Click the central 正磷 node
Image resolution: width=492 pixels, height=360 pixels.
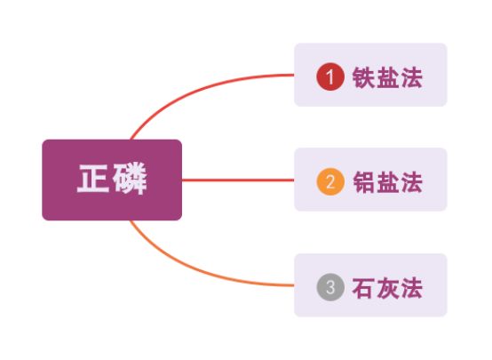pyautogui.click(x=112, y=180)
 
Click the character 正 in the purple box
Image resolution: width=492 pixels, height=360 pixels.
pyautogui.click(x=93, y=179)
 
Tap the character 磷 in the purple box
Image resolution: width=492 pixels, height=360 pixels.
pyautogui.click(x=130, y=179)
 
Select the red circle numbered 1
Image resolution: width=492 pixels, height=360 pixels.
pyautogui.click(x=330, y=76)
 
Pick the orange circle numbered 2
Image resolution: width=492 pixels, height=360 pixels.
pyautogui.click(x=330, y=181)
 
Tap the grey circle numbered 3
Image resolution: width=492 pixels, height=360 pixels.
pyautogui.click(x=330, y=287)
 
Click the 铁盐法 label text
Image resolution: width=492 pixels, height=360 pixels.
pyautogui.click(x=387, y=77)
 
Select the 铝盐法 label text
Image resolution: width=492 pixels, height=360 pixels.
pyautogui.click(x=387, y=182)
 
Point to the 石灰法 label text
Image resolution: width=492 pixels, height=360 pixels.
pyautogui.click(x=387, y=288)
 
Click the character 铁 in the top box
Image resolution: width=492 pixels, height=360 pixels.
pyautogui.click(x=363, y=77)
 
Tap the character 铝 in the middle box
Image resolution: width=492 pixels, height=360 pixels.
pyautogui.click(x=363, y=182)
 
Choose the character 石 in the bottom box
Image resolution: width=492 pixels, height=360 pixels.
pyautogui.click(x=363, y=288)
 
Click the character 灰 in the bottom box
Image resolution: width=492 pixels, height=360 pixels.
pyautogui.click(x=387, y=288)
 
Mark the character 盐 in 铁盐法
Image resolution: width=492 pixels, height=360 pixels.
pyautogui.click(x=387, y=77)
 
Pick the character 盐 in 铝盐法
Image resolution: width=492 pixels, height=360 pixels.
pyautogui.click(x=387, y=182)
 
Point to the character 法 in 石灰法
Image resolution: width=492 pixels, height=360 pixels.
pyautogui.click(x=412, y=288)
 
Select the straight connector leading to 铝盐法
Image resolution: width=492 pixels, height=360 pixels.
pyautogui.click(x=238, y=180)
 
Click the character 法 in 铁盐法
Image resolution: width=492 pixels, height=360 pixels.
pyautogui.click(x=412, y=77)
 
